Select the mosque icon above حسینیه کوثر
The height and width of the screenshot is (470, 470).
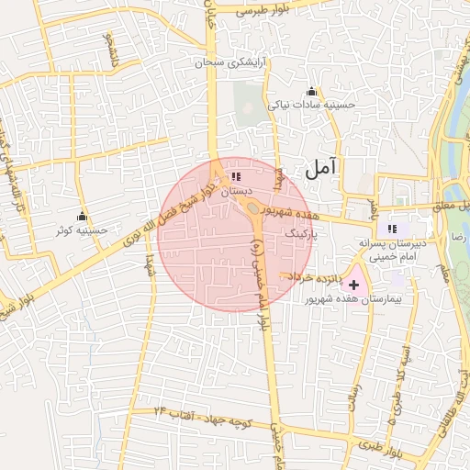click(x=82, y=215)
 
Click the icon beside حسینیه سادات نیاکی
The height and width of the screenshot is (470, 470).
click(x=311, y=91)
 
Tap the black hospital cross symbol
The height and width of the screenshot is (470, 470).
click(x=354, y=285)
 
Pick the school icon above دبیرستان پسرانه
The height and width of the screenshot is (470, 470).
click(x=393, y=228)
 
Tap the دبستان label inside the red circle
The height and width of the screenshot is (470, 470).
click(x=235, y=191)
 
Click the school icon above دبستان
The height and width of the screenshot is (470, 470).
click(x=235, y=176)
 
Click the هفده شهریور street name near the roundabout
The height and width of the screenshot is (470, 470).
click(x=292, y=212)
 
